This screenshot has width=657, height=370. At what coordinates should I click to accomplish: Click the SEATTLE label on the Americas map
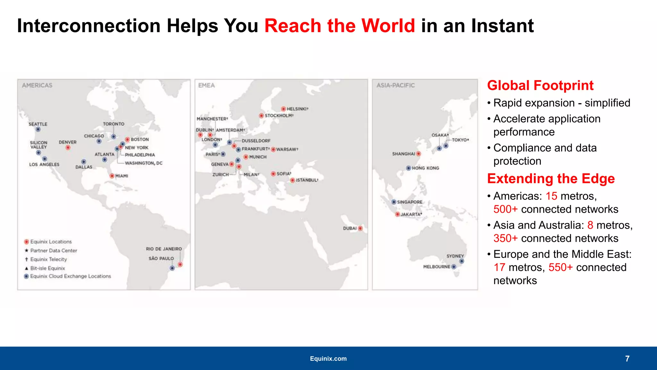[x=38, y=124]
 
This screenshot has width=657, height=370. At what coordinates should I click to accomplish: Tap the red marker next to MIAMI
[x=112, y=176]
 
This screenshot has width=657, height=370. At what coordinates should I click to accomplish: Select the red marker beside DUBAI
[x=360, y=228]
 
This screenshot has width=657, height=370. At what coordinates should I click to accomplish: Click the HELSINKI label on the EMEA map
[x=297, y=109]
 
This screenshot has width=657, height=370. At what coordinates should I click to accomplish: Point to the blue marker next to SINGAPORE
[x=394, y=202]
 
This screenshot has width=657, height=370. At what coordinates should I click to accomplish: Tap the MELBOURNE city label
[x=436, y=267]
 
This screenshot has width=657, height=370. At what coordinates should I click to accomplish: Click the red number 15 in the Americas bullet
[x=551, y=196]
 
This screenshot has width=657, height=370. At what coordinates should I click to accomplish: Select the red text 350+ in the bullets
[x=505, y=238]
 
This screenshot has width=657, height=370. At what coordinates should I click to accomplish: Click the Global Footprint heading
[x=540, y=86]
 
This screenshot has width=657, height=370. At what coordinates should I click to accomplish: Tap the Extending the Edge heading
[x=551, y=179]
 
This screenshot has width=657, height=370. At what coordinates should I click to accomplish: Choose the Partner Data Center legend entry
[x=54, y=251]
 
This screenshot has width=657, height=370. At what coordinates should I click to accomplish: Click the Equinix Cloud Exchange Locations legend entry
[x=70, y=276]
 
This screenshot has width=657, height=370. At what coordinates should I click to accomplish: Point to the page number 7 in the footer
[x=627, y=358]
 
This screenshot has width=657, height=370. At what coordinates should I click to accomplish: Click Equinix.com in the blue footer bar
[x=328, y=358]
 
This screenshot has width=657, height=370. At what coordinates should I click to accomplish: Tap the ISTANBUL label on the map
[x=307, y=180]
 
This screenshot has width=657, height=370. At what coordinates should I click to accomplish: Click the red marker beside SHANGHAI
[x=418, y=154]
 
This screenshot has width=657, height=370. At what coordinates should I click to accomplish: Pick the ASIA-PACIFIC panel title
[x=395, y=86]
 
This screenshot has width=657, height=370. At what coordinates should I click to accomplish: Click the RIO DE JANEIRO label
[x=164, y=249]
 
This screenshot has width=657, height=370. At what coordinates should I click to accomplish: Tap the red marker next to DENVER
[x=68, y=148]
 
